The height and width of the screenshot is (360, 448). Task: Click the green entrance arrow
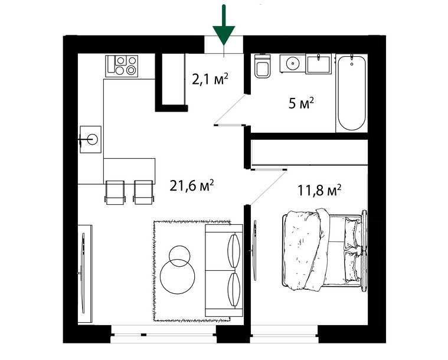pos(224,27)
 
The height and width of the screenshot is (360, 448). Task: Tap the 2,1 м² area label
pos(210,78)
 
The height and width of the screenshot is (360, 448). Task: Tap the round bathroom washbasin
pos(290,63)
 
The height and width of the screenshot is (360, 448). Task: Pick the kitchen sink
pos(91,139)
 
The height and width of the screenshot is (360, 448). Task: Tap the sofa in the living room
pos(223,271)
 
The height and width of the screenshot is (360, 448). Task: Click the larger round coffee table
pos(178,276)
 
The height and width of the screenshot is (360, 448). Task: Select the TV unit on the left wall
pos(84,273)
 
